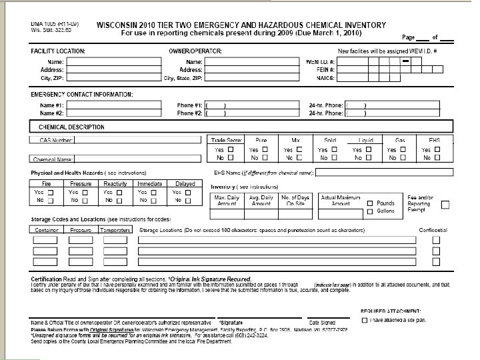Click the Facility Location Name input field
coord(113,61)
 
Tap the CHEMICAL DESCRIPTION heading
coord(71,127)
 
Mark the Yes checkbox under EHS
coord(437,150)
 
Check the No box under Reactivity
coord(119,201)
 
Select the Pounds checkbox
coord(370,203)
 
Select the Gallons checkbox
coord(370,211)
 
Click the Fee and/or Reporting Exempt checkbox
coord(445,204)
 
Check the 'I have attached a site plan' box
coord(364,321)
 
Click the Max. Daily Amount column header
coord(227,201)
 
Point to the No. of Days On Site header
coord(295,201)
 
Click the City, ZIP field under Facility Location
coord(113,77)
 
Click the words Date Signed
coord(321,322)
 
